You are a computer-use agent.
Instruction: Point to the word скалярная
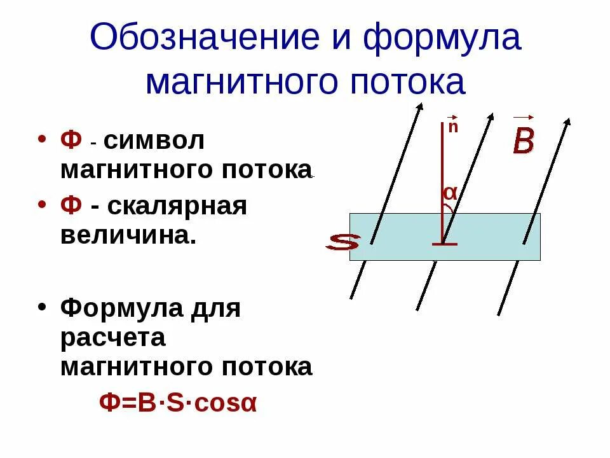pos(177,207)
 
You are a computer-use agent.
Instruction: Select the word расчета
pos(113,338)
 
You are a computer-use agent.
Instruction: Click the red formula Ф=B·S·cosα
pos(178,403)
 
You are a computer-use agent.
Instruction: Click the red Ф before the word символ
pos(71,141)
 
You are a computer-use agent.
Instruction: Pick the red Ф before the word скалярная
pos(71,207)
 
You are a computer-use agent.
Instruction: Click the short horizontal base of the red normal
pos(444,244)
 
